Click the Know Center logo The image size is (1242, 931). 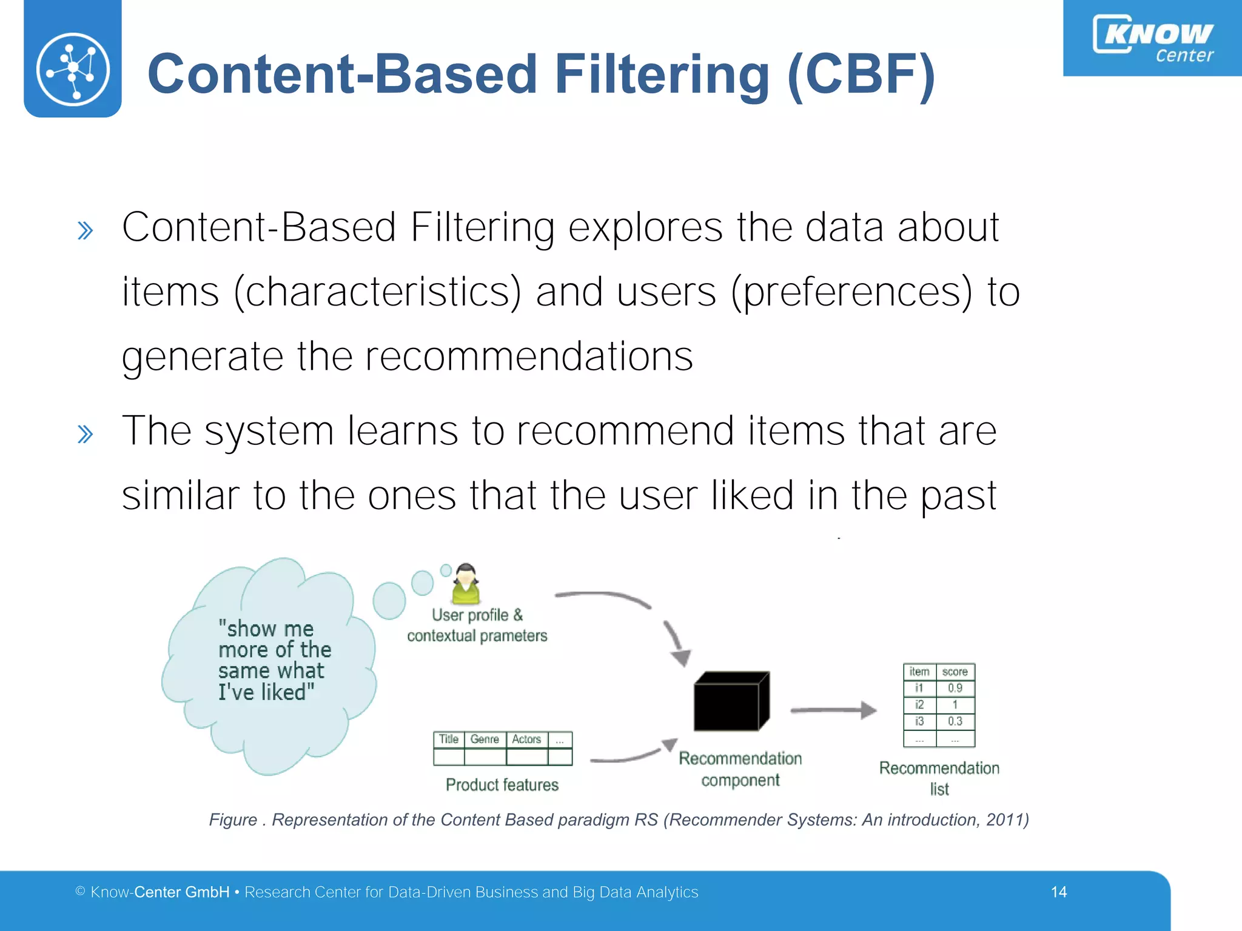click(x=1153, y=39)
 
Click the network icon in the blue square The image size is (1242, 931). click(x=73, y=69)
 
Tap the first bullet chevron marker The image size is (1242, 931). click(x=86, y=231)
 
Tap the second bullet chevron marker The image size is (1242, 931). click(x=86, y=434)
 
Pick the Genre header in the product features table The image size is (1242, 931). click(x=485, y=739)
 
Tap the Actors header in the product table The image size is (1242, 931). click(x=526, y=739)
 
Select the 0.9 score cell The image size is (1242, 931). click(x=955, y=689)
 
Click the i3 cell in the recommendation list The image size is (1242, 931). click(x=919, y=721)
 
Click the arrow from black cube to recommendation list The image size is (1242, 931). click(x=834, y=710)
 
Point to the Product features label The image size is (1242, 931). click(x=502, y=785)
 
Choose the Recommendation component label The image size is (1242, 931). click(x=740, y=769)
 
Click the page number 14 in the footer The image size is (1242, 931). click(x=1059, y=892)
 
